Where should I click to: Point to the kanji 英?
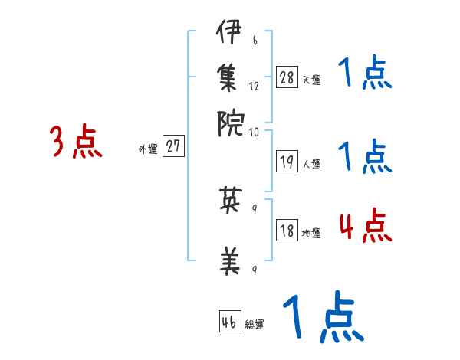click(230, 201)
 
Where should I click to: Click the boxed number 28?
click(287, 77)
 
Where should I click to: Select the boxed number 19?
click(287, 162)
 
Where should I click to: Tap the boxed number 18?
click(287, 231)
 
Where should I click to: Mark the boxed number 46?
click(229, 322)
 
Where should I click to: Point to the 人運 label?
click(311, 164)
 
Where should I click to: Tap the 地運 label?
click(311, 233)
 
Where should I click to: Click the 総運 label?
click(254, 325)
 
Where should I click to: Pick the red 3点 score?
click(76, 142)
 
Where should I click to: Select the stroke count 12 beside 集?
click(255, 87)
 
